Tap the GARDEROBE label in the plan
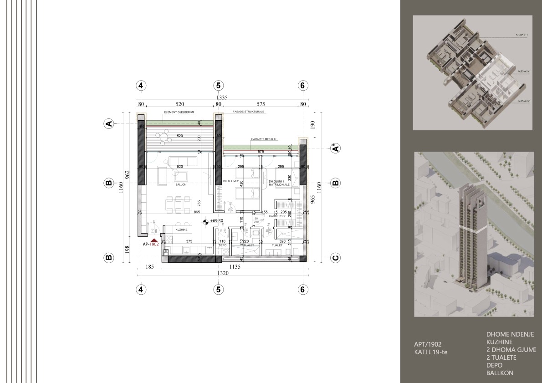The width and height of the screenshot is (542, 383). (277, 216)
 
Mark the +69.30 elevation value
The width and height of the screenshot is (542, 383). (217, 221)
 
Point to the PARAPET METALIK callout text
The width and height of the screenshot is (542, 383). (263, 139)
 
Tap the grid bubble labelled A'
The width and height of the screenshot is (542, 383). (335, 148)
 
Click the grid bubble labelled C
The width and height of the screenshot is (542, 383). (335, 258)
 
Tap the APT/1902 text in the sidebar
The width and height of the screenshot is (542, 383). (424, 344)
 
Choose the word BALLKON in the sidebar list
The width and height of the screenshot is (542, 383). (500, 373)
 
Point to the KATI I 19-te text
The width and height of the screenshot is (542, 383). (428, 352)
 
